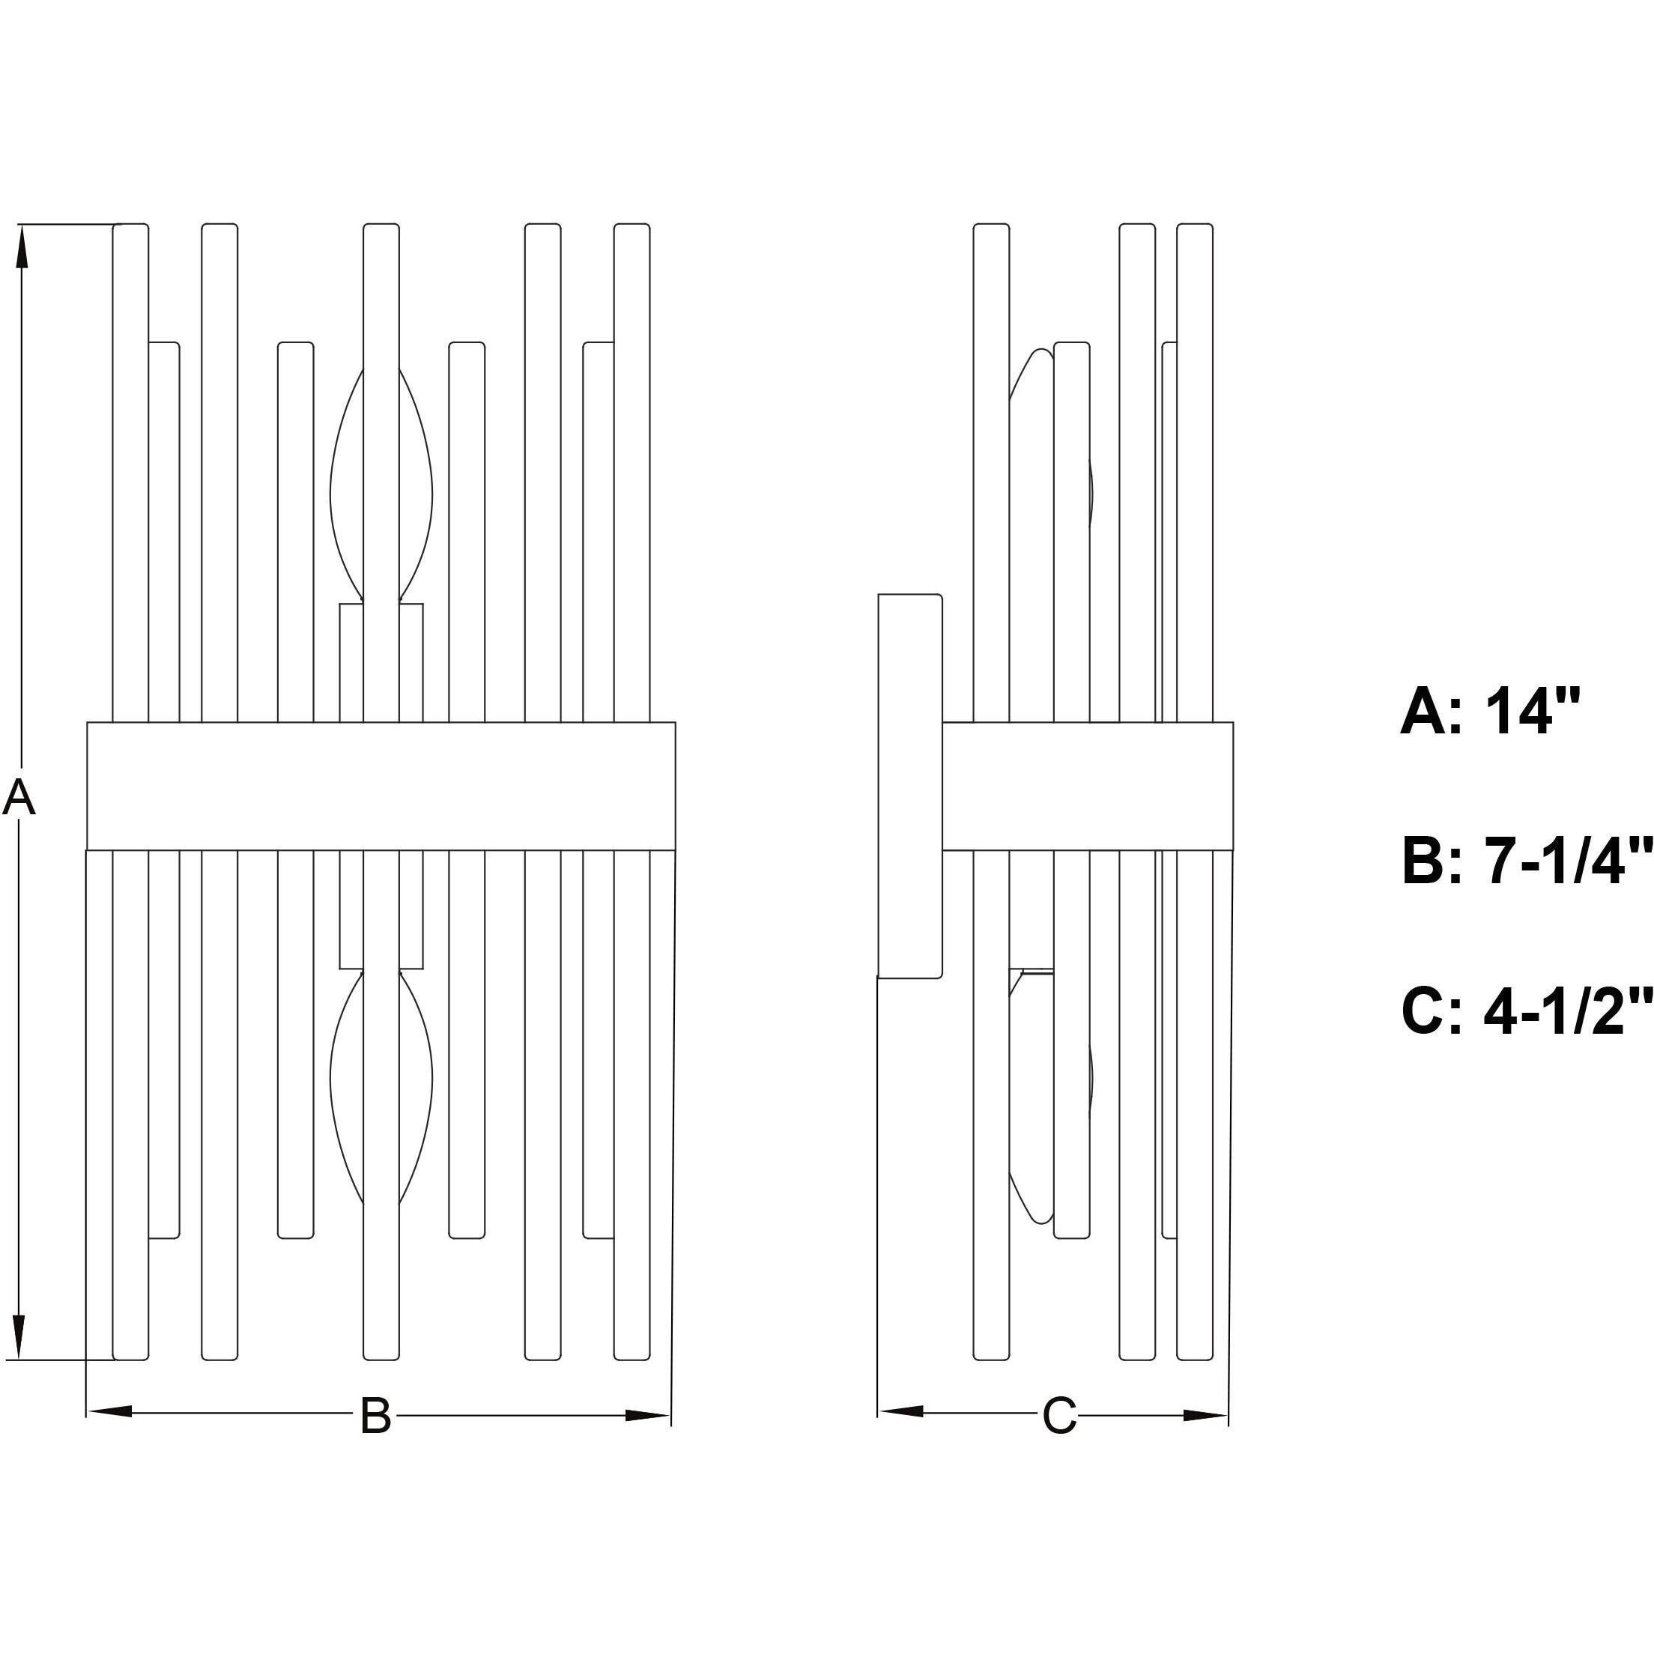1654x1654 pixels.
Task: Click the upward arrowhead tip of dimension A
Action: (22, 226)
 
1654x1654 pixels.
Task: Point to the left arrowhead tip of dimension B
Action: (88, 1412)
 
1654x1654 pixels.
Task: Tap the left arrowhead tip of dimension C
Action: (879, 1412)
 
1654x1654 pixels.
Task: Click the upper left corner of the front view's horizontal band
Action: (88, 723)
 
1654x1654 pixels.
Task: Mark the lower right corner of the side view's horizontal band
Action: (1233, 850)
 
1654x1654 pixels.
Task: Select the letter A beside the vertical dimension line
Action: (19, 798)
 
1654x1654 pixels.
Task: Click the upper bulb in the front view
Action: (381, 485)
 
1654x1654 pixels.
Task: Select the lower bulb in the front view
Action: (381, 1087)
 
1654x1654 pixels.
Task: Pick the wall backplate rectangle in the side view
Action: (910, 786)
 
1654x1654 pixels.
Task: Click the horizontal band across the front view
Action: (381, 786)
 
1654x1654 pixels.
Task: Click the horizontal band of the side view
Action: (1087, 786)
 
